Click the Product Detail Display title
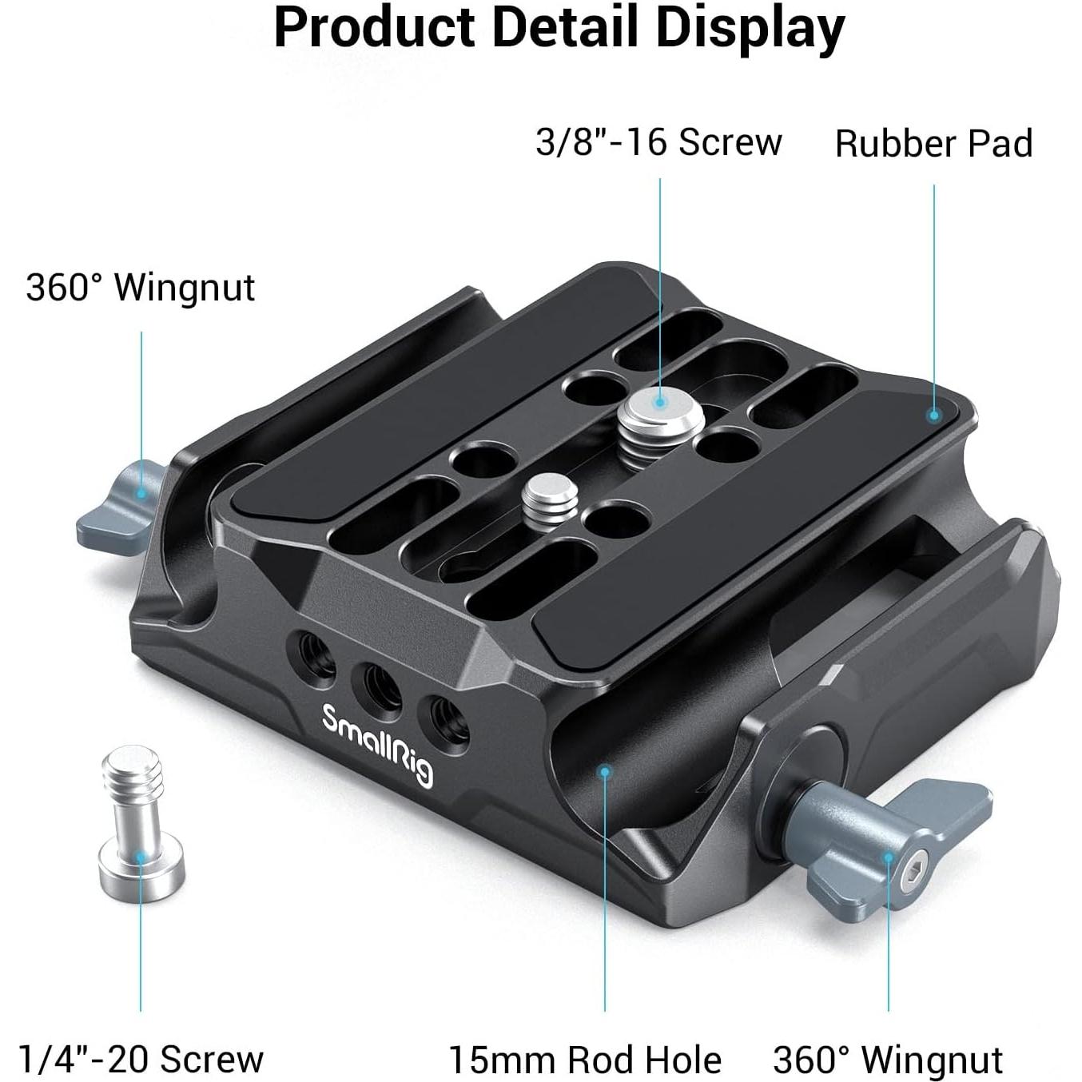[559, 28]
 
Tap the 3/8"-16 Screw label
[658, 143]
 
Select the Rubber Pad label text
[933, 144]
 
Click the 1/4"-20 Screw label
[141, 1059]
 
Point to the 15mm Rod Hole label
[585, 1060]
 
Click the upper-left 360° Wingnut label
[141, 288]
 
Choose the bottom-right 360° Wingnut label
[888, 1060]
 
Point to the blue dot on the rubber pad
[933, 414]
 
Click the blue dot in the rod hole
[605, 771]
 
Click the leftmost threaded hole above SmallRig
[315, 655]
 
